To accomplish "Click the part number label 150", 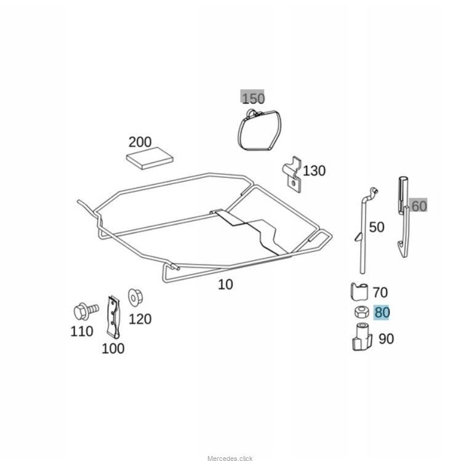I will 252,98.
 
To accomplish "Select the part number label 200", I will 140,142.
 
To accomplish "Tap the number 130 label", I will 314,170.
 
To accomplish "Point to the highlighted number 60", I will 419,206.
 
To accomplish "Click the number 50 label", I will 376,227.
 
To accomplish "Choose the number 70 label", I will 380,292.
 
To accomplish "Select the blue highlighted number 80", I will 382,313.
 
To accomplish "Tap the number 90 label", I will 386,339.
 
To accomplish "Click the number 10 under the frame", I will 226,285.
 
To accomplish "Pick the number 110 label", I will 81,331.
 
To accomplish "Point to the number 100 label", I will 113,348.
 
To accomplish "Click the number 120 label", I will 140,319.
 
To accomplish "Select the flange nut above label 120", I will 135,297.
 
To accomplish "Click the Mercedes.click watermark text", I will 230,458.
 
